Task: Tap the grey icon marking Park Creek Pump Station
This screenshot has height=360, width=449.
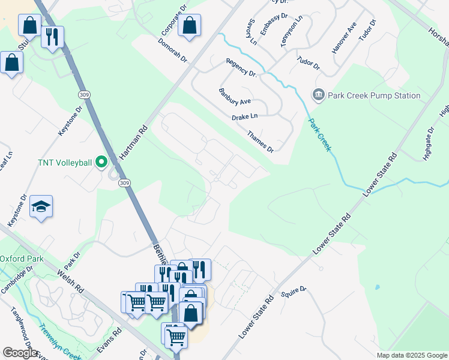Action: pos(318,95)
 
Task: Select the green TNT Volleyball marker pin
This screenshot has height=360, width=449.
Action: pos(101,162)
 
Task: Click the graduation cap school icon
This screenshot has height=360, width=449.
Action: pos(41,206)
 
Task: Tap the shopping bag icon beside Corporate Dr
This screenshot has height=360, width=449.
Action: pos(189,25)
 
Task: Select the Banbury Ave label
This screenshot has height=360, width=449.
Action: pos(235,97)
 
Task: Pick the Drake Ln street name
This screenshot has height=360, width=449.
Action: pos(245,116)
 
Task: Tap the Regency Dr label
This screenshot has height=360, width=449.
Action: pos(241,69)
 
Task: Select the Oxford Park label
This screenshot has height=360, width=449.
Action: pos(22,259)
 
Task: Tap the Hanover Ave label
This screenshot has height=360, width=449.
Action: pos(344,44)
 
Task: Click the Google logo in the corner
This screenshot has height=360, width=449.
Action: pos(20,353)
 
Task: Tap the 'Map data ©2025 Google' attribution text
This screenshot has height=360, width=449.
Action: pos(411,355)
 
